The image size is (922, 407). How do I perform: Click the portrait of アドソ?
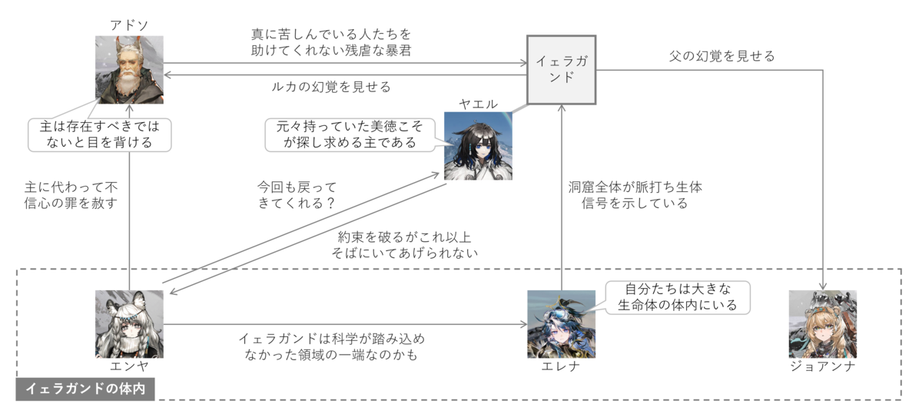click(x=129, y=70)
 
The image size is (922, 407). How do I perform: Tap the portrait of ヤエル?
click(x=478, y=146)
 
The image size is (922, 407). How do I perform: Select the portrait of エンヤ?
click(x=129, y=324)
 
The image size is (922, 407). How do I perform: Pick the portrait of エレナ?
click(x=562, y=324)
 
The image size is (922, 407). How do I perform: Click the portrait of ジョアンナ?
click(x=823, y=324)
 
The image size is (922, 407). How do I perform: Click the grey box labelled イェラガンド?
click(x=562, y=70)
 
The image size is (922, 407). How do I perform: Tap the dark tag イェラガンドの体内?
click(x=85, y=389)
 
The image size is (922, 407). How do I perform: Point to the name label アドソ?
click(x=129, y=25)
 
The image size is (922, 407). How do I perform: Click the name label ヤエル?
click(x=478, y=104)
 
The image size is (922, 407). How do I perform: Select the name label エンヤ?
click(x=129, y=366)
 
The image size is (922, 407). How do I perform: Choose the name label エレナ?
click(x=561, y=366)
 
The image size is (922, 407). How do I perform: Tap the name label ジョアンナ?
click(x=823, y=366)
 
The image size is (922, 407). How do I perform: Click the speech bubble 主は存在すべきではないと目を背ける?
click(x=100, y=134)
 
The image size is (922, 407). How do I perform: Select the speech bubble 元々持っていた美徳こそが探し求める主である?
click(x=350, y=134)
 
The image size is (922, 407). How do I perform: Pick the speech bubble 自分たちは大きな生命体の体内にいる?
click(x=678, y=297)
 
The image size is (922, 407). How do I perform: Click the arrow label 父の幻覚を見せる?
click(x=722, y=56)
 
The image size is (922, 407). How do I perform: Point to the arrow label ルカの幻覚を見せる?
click(x=331, y=87)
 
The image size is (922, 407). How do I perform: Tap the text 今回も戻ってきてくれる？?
click(x=297, y=195)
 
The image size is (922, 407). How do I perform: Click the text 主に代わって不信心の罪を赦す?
click(x=71, y=195)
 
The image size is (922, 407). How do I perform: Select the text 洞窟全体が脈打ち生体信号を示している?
click(x=635, y=195)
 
